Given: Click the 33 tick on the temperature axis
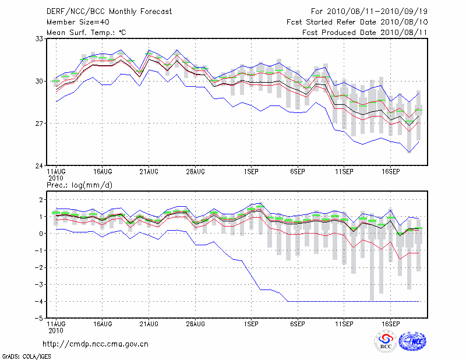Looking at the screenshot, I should point(40,38).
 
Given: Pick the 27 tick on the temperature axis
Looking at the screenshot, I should point(40,123).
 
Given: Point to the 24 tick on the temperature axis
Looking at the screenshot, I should point(40,166).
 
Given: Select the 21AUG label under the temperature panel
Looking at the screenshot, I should point(149,172).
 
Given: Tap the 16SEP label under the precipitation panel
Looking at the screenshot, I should point(391,323).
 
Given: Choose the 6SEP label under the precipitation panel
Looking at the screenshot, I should point(298,323).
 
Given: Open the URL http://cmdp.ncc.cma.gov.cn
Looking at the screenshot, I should point(96,344).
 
